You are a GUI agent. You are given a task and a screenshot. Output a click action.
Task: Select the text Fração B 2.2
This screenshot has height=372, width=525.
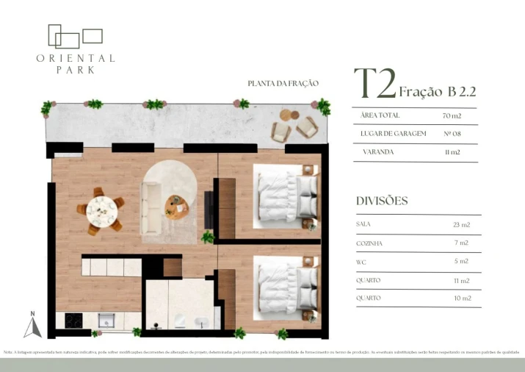tap(438, 92)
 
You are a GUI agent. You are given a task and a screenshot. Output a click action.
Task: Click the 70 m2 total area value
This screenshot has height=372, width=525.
tap(452, 116)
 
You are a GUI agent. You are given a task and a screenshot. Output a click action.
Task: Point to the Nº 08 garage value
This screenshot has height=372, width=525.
tap(452, 134)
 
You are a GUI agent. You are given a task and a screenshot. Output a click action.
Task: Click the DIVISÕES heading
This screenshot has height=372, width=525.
tap(381, 201)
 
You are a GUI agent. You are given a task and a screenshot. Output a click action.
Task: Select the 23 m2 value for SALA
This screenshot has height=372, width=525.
tap(461, 224)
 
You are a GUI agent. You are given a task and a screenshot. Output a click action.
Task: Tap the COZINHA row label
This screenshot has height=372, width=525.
tap(369, 243)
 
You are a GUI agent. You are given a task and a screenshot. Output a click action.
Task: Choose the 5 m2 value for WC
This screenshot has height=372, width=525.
tap(461, 261)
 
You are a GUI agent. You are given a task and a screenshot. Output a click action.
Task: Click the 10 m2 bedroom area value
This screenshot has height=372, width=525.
tap(461, 298)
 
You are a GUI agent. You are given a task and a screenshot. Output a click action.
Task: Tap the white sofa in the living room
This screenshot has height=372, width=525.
tap(152, 207)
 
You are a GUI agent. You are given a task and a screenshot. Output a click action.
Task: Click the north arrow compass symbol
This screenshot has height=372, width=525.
tap(32, 325)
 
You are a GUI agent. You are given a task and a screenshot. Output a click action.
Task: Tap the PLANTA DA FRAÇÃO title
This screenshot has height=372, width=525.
tap(283, 84)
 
